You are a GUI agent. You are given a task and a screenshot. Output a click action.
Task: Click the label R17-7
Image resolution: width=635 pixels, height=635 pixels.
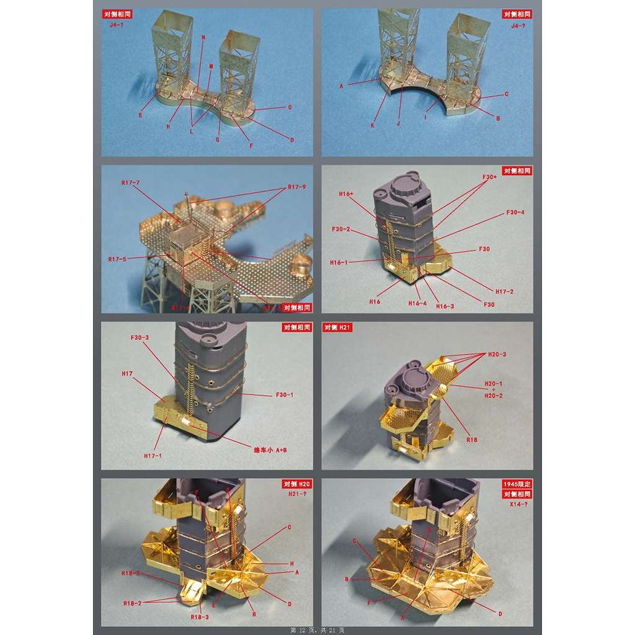[131, 183]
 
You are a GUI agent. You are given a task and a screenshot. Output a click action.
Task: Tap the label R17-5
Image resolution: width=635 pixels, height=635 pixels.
[117, 259]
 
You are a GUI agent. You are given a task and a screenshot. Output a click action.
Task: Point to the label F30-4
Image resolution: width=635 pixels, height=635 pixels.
[515, 213]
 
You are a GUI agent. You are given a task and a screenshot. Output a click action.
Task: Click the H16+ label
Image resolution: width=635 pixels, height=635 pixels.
[346, 194]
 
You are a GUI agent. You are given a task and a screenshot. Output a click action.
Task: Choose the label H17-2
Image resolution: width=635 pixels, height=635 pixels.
[504, 291]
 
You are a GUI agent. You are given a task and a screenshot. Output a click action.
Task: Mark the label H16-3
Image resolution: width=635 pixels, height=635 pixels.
[445, 306]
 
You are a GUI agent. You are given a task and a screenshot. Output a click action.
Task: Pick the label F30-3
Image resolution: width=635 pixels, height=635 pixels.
[140, 337]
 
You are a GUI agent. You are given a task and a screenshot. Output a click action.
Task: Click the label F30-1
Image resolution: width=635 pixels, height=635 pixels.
[284, 395]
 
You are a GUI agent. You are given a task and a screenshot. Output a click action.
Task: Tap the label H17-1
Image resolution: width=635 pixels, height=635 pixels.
[153, 456]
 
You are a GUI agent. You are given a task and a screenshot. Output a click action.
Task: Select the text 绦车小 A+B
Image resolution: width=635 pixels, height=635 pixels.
[270, 450]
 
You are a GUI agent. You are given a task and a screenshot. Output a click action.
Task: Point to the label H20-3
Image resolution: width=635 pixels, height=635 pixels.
[497, 354]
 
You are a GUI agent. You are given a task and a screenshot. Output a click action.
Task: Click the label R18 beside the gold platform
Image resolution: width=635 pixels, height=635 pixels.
[472, 439]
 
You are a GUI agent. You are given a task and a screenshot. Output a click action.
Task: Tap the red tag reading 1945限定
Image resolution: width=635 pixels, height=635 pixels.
[517, 484]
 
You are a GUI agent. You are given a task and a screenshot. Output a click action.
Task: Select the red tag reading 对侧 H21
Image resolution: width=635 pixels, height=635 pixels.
[337, 327]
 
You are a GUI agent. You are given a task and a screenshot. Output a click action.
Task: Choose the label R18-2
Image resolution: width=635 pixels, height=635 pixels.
[133, 603]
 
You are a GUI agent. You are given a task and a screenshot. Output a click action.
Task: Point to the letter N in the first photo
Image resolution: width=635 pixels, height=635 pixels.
[203, 38]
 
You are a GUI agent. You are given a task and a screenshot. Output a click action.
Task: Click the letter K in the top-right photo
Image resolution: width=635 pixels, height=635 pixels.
[373, 126]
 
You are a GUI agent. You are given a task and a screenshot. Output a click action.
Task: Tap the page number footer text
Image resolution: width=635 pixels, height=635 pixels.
[317, 630]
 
